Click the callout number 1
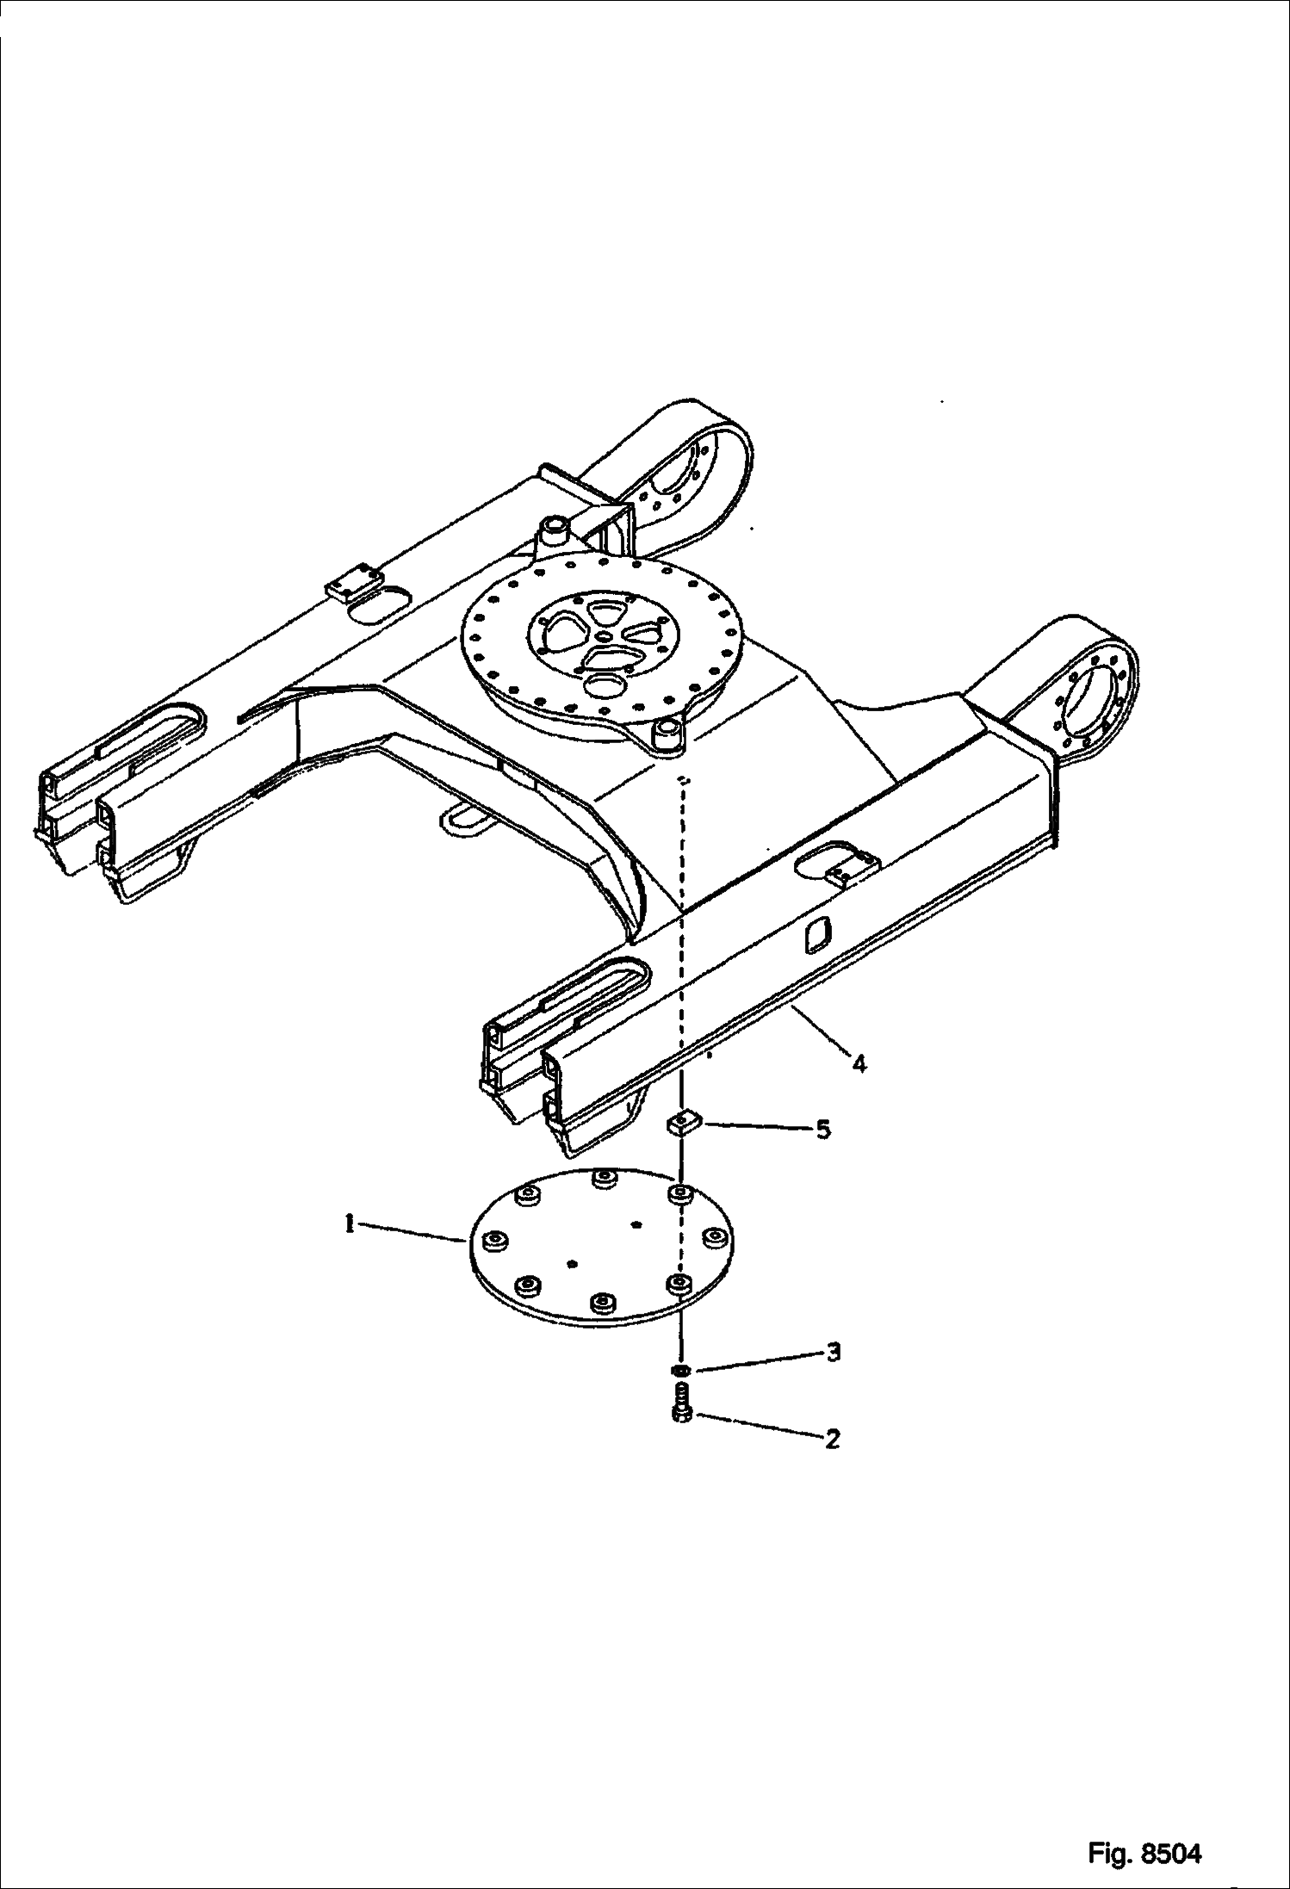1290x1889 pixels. click(x=350, y=1223)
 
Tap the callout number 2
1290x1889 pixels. click(x=831, y=1438)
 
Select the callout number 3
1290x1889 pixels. click(x=832, y=1353)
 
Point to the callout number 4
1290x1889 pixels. click(x=859, y=1063)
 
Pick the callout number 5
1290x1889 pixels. click(x=823, y=1129)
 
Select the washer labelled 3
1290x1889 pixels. click(x=680, y=1369)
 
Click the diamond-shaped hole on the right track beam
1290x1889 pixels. click(x=816, y=936)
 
